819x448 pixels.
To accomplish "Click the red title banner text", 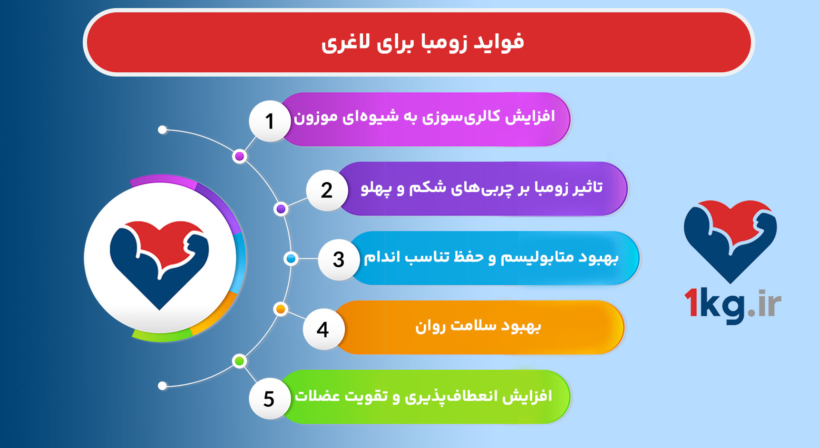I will point(422,42).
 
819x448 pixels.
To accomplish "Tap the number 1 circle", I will point(270,121).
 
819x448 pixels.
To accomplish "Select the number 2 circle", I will point(327,190).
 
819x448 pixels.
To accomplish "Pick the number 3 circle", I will point(338,260).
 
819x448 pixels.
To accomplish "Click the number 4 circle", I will point(323,329).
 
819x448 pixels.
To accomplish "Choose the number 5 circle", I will point(269,399).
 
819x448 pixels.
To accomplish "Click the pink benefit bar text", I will point(424,117).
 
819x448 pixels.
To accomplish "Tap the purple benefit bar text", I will point(481,187).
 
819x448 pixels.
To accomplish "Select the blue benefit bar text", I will point(491,257).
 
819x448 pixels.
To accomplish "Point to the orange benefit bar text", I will point(478,326).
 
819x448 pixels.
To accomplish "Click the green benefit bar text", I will point(423,396).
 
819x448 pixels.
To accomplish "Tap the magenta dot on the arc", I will point(240,156).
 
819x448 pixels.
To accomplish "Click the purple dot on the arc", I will point(281,209).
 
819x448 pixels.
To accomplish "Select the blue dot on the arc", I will point(291,259).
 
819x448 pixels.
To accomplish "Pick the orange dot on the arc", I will point(281,309).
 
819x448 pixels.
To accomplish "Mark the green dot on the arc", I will point(240,361).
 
